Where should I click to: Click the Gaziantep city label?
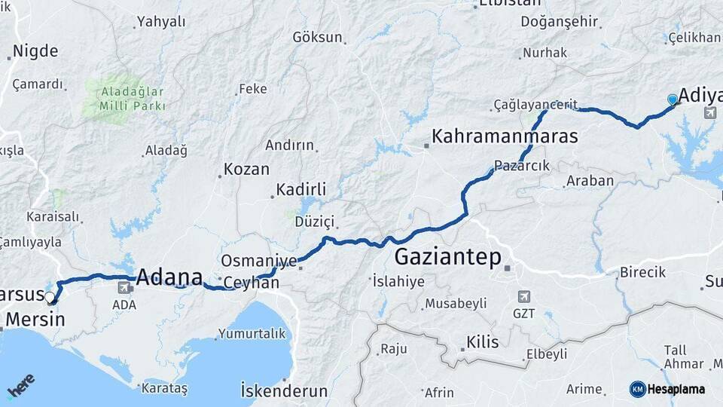point(447,258)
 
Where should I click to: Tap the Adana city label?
point(169,277)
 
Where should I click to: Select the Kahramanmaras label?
point(504,136)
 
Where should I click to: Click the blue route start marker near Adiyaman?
point(673,99)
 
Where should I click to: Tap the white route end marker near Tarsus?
point(50,297)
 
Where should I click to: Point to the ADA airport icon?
point(124,287)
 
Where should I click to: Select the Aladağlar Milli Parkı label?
point(123,99)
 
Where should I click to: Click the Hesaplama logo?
point(667,389)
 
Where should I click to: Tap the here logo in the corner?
point(20,385)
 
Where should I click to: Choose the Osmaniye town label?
point(258,261)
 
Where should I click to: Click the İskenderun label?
point(284,390)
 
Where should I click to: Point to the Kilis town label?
point(482,342)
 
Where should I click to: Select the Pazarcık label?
point(522,166)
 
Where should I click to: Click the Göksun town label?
point(317,37)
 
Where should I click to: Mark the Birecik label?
point(642,272)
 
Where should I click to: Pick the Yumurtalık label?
point(252,333)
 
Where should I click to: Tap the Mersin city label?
point(35,320)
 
